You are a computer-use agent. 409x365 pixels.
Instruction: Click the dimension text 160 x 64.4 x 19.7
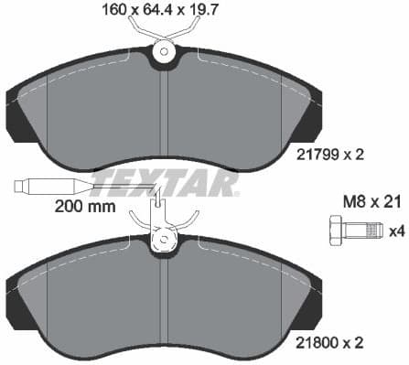(x=165, y=11)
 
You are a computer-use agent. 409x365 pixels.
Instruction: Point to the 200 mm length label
(x=85, y=207)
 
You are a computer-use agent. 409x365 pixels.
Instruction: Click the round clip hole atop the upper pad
(x=165, y=52)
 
